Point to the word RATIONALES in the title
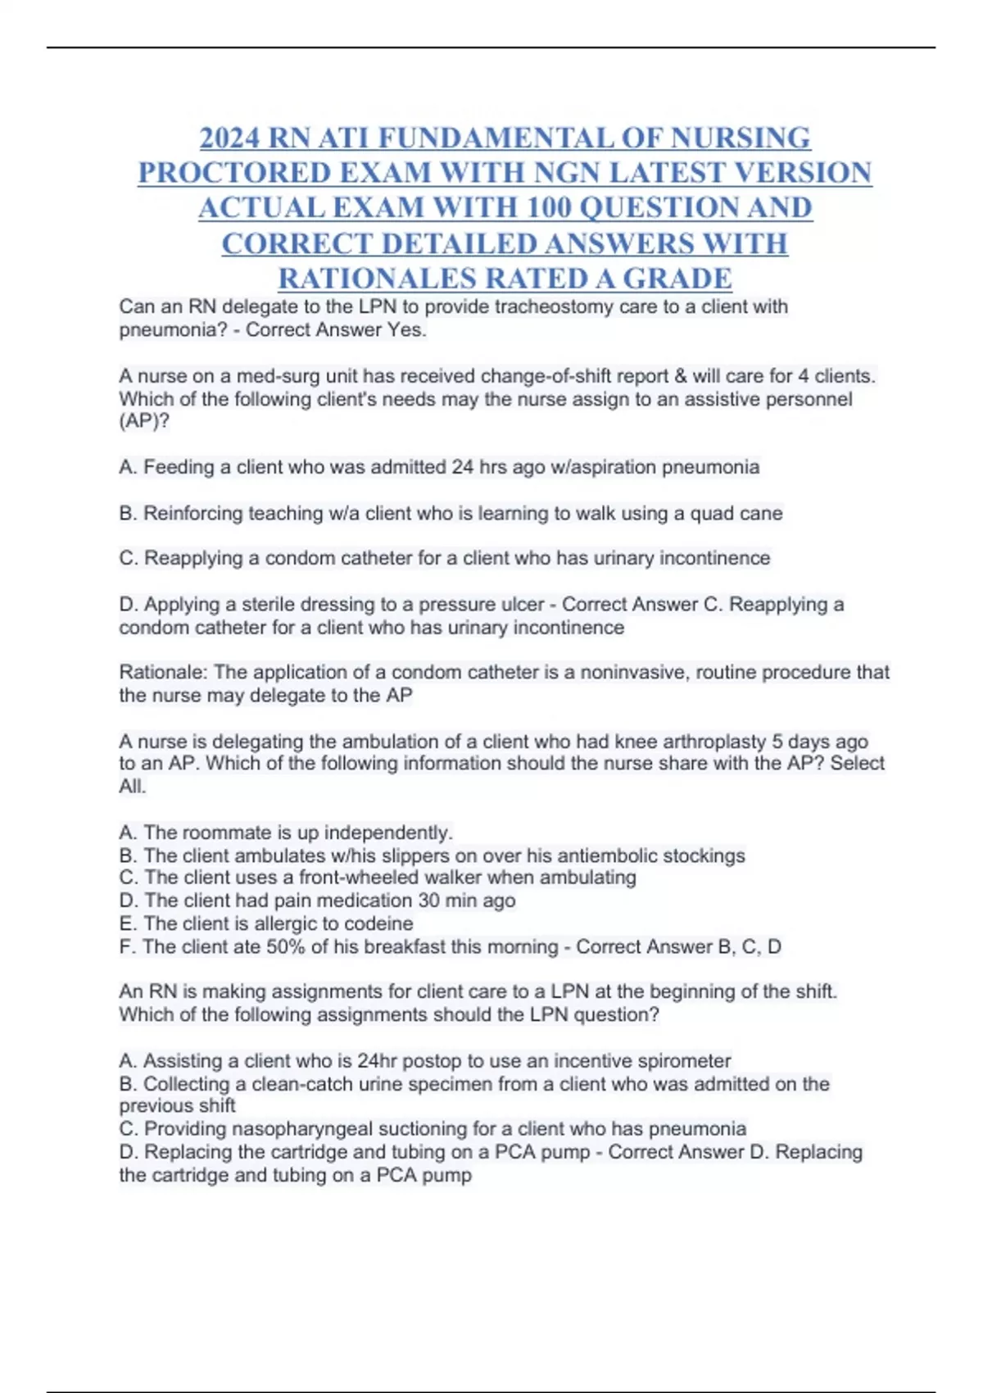[x=378, y=279]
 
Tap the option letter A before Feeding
[x=127, y=467]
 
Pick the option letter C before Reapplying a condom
[x=127, y=559]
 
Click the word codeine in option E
[x=378, y=924]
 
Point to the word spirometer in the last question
[x=683, y=1061]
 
